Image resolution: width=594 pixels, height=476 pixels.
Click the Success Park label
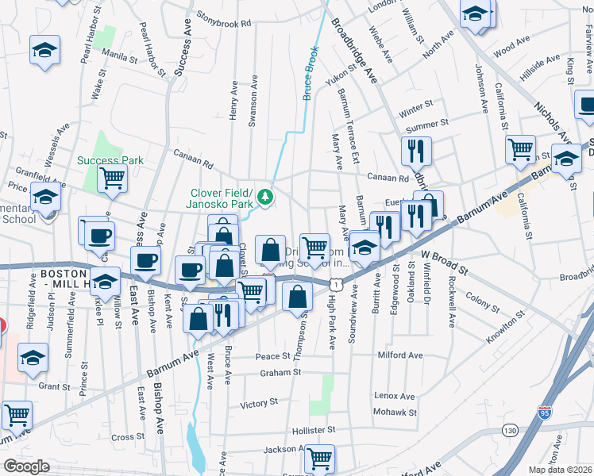tap(110, 160)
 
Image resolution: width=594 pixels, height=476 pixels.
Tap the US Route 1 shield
tap(338, 282)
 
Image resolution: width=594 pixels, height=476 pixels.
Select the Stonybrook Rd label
tap(224, 23)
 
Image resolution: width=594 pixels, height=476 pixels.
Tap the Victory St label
tap(259, 404)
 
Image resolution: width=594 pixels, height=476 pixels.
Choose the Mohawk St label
tap(395, 413)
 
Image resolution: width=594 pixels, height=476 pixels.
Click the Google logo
tap(26, 466)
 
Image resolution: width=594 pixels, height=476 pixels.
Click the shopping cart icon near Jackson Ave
tap(319, 458)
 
